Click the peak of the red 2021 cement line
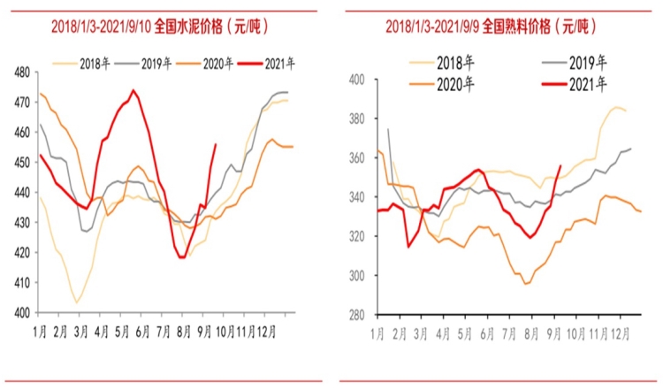(133, 90)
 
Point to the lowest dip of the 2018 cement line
(77, 302)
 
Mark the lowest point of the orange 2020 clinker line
(526, 284)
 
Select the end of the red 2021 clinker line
(560, 165)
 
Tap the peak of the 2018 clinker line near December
(616, 108)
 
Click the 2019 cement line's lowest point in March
(85, 231)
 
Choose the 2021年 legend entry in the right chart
(587, 85)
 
